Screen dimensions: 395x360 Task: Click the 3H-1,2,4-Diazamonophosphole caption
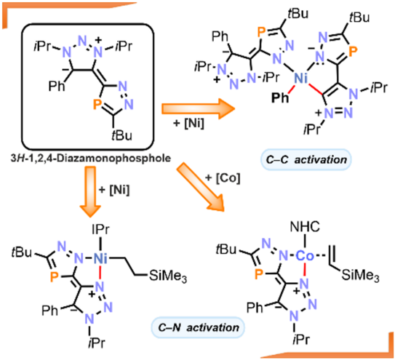(x=91, y=159)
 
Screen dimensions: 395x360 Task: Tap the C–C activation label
(x=306, y=159)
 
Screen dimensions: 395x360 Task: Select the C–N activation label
(x=199, y=327)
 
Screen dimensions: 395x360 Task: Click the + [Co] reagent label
(x=223, y=178)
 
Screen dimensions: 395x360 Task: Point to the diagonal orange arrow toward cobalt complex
(x=200, y=187)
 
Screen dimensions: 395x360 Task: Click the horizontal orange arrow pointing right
(x=198, y=108)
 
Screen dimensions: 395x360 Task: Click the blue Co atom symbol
(x=305, y=256)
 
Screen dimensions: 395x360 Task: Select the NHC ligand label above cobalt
(x=305, y=227)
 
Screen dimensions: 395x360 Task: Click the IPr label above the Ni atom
(x=101, y=230)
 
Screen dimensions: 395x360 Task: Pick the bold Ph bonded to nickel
(x=280, y=97)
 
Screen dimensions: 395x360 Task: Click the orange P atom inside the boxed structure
(x=97, y=104)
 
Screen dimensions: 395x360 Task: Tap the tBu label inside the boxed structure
(x=121, y=135)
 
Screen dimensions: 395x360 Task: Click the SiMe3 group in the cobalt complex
(x=361, y=275)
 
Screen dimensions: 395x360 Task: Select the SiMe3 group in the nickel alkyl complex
(x=168, y=276)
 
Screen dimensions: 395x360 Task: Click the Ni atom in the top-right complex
(x=300, y=79)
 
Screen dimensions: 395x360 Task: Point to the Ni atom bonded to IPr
(x=100, y=258)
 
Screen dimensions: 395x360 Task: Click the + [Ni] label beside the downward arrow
(x=114, y=189)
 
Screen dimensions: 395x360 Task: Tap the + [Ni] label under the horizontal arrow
(x=188, y=124)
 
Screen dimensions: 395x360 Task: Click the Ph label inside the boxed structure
(x=57, y=86)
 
